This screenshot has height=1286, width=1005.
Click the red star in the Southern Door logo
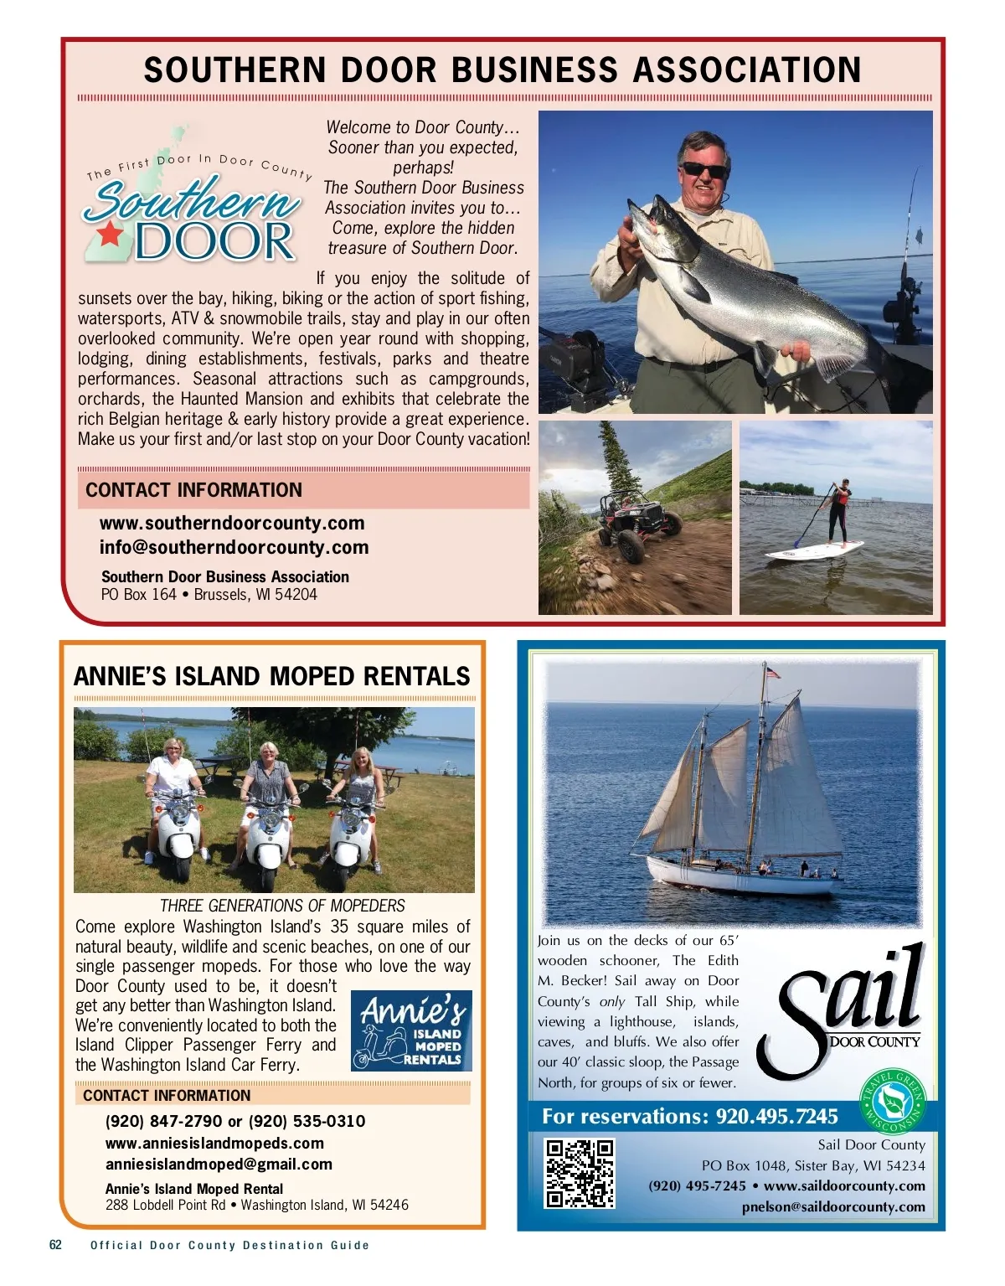coord(110,234)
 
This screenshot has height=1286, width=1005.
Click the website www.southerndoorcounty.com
coord(232,524)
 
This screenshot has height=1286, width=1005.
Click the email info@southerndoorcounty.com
coord(234,548)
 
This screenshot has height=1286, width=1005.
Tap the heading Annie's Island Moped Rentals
coord(272,676)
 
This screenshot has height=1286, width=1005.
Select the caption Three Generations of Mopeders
coord(282,906)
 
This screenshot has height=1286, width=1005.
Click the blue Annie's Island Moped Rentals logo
coord(411,1030)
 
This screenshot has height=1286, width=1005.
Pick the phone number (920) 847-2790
coord(164,1121)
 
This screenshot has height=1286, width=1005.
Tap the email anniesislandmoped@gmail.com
coord(219,1165)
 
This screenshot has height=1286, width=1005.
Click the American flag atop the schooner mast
coord(772,672)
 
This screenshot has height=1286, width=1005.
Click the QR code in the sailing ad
coord(580,1173)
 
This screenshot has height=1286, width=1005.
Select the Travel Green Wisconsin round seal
coord(894,1101)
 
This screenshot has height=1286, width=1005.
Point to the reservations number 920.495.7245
coord(776,1117)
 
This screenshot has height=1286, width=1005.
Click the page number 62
coord(55,1245)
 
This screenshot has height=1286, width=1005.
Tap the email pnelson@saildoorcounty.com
coord(833,1207)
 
